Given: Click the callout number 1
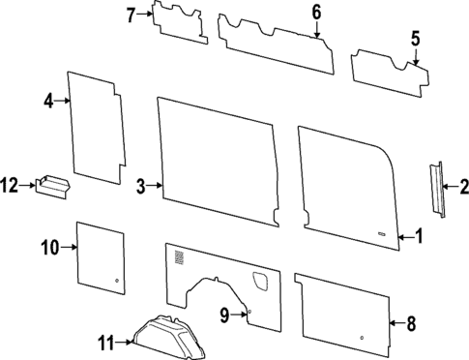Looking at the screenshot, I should [x=419, y=235].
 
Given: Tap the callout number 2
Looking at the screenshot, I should [x=463, y=187].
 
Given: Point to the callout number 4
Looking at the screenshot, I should [x=48, y=100].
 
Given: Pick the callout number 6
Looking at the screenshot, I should [x=315, y=12].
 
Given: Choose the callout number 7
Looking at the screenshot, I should [x=132, y=15].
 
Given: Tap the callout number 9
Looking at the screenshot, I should [x=224, y=314].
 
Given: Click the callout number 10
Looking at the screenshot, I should [x=49, y=248].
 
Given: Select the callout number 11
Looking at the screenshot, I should [x=105, y=340].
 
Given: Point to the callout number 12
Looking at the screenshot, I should [x=11, y=184].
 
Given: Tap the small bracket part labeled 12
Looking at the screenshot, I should [x=54, y=184].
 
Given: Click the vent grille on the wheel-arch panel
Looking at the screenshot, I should [x=178, y=258].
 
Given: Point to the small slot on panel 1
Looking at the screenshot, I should [x=386, y=235].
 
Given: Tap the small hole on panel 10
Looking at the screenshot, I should [x=117, y=281].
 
